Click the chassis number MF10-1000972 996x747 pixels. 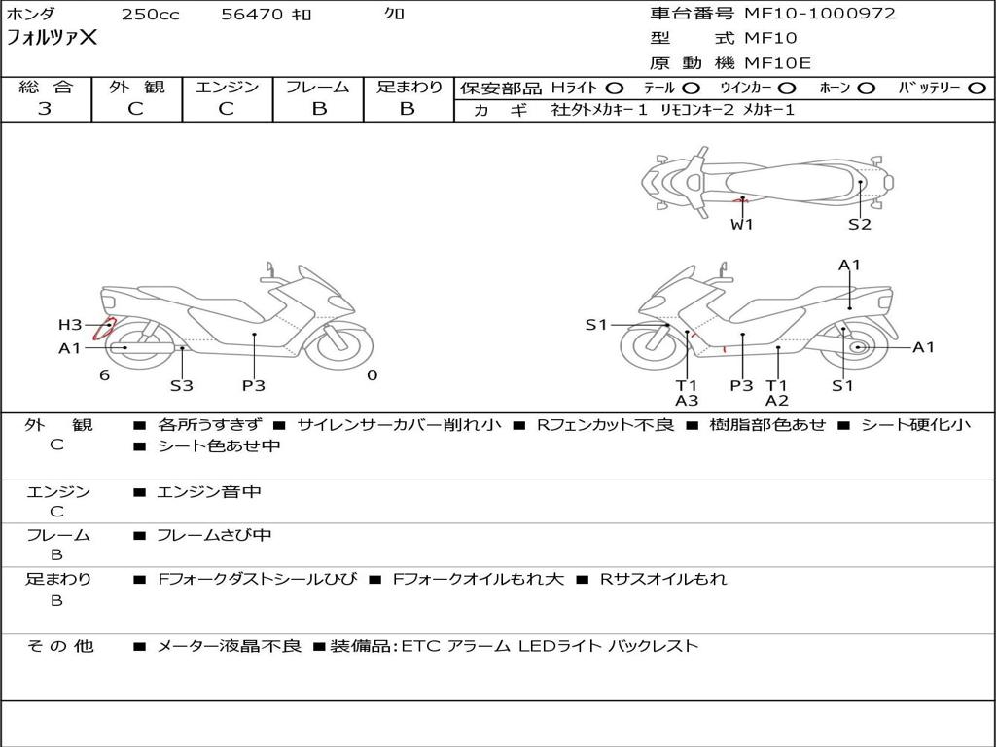819,14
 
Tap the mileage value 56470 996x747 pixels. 252,15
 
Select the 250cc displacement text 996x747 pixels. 150,15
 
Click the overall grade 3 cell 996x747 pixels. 46,109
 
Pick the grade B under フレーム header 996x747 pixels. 319,109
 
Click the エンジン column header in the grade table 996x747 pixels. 228,88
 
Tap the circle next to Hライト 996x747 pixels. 615,89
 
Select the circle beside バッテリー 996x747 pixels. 978,89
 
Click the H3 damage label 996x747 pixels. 70,325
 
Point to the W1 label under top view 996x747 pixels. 742,225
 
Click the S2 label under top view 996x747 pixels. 859,225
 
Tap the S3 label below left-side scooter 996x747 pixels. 182,385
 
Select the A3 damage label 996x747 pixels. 687,400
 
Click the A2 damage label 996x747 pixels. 776,400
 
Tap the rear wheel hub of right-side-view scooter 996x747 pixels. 857,347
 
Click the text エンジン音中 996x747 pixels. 209,492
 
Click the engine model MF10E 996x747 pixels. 777,63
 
